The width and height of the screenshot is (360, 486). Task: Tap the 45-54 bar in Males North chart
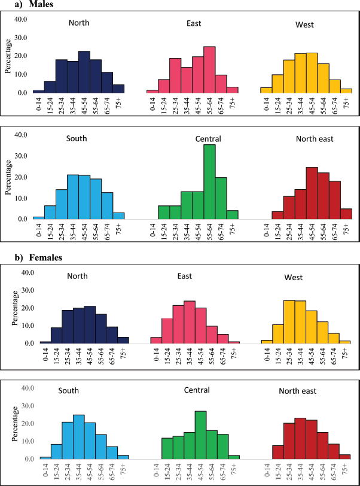point(84,72)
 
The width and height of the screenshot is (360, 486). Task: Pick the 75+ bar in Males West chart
point(346,90)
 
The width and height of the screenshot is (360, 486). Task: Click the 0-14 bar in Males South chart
point(39,218)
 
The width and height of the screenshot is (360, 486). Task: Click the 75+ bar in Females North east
point(345,457)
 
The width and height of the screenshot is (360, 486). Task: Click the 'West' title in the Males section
point(304,25)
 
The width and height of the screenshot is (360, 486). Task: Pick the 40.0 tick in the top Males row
point(21,19)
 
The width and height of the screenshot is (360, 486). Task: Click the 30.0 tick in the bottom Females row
point(21,406)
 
